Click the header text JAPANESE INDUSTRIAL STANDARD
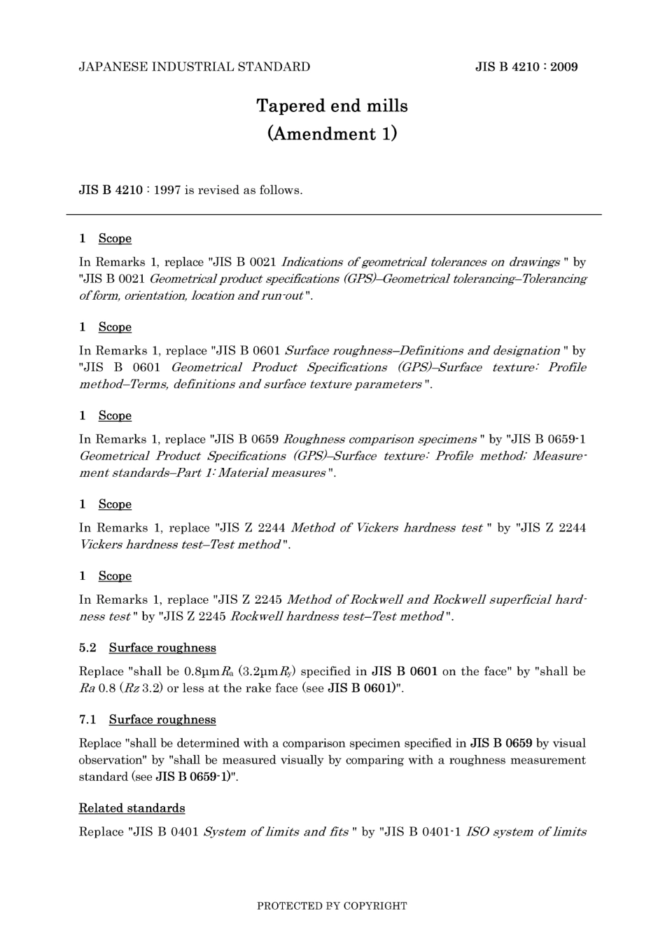(194, 67)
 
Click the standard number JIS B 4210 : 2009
(526, 67)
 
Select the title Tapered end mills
(332, 106)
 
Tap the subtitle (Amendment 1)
(332, 134)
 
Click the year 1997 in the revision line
(167, 191)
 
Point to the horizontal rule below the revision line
(333, 214)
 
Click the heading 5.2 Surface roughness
(148, 648)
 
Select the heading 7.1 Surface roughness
(148, 720)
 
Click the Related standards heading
(132, 808)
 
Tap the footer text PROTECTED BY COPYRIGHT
(332, 906)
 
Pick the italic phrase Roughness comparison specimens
(380, 440)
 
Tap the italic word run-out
(282, 296)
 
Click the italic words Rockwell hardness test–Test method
(337, 617)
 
